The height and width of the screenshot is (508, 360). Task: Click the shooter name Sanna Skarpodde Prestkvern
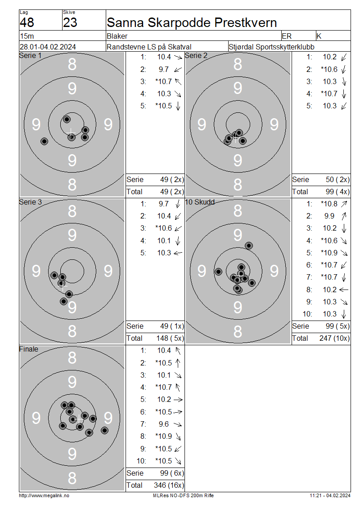click(x=192, y=22)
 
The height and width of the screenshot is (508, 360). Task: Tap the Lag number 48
click(x=27, y=22)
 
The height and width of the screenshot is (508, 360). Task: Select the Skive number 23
click(x=70, y=22)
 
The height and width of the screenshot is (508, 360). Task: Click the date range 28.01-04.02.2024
click(x=48, y=47)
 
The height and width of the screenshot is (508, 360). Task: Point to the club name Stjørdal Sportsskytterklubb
click(x=271, y=47)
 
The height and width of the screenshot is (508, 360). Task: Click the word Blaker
click(x=117, y=36)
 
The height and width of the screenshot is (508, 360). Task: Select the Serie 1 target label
click(x=31, y=55)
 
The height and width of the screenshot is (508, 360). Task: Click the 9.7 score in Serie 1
click(x=163, y=69)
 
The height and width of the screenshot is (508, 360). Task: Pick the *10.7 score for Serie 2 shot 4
click(x=329, y=94)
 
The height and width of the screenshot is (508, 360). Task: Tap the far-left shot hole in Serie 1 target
click(x=45, y=141)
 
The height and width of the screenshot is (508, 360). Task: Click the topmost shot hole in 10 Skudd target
click(x=249, y=245)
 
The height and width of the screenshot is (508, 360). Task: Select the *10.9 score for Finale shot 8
click(x=163, y=436)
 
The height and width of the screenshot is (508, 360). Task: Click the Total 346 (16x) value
click(x=169, y=485)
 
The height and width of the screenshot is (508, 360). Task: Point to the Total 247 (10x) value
click(x=334, y=338)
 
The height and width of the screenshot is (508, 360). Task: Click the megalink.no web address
click(x=44, y=495)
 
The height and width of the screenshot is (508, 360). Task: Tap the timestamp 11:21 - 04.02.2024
click(x=330, y=495)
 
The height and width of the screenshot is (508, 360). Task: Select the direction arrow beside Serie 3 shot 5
click(x=178, y=253)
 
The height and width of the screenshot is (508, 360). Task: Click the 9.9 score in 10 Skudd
click(x=329, y=216)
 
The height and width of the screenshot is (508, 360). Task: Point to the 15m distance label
click(x=27, y=36)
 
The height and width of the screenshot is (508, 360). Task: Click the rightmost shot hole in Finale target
click(x=104, y=430)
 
